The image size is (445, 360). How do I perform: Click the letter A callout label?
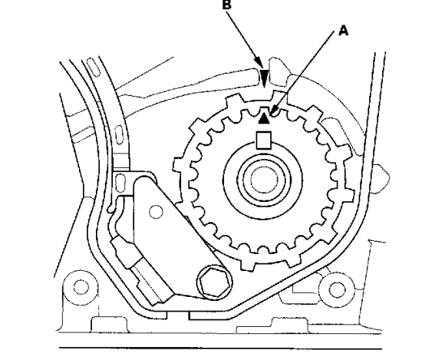pos(344,30)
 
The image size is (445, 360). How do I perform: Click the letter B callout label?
pos(227,5)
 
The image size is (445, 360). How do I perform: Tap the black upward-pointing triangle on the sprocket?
pos(264,118)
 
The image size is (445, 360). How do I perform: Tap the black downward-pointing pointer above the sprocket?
pos(265,77)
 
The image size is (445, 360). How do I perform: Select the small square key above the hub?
pos(264,140)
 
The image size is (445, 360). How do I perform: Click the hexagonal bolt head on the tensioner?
pos(214,282)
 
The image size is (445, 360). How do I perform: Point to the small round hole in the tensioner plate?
pos(156,212)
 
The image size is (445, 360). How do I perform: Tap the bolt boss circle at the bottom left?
pos(81,287)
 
